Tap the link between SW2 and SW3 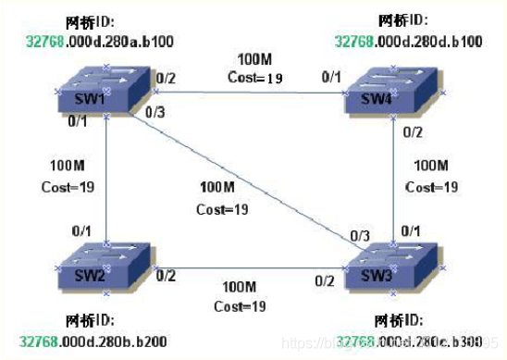pos(250,268)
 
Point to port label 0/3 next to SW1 pos(156,113)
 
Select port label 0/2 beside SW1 pos(167,78)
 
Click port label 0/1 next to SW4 pos(330,77)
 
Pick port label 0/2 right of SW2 pos(166,275)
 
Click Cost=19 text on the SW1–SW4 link pos(253,78)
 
